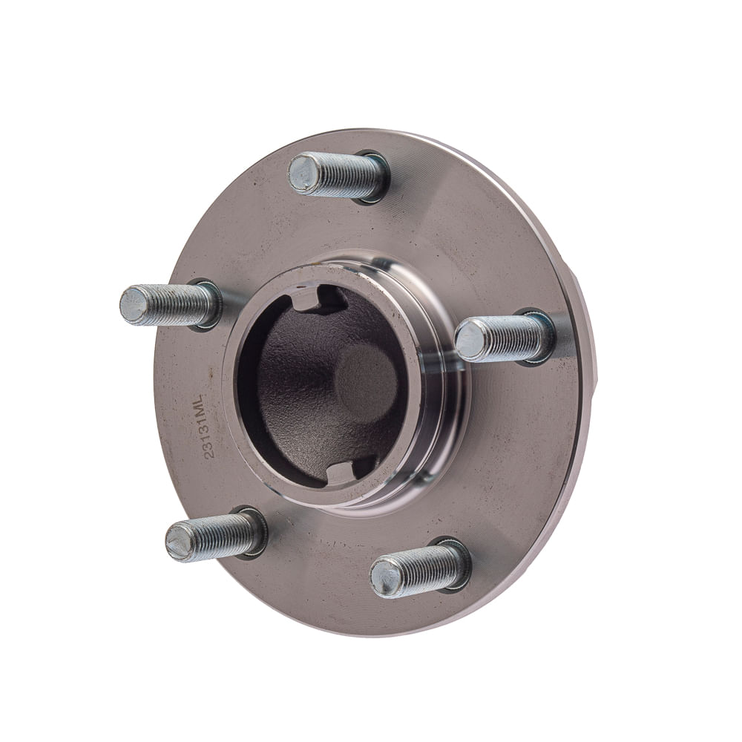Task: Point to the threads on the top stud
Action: pyautogui.click(x=346, y=176)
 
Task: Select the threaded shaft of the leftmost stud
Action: pyautogui.click(x=177, y=305)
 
